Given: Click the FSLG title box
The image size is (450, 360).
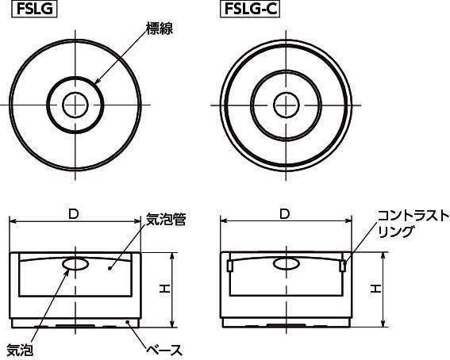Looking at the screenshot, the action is pos(34,9).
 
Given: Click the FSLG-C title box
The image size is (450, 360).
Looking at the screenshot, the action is pos(250,9).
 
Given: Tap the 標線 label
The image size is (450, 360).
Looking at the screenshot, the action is pos(160,29).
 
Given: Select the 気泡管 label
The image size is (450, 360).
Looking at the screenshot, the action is pos(166,220).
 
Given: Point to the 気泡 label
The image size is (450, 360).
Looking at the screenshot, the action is pos(20,350).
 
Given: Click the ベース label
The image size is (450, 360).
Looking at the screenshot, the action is pos(164,350).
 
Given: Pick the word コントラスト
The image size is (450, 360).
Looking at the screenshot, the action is pos(413,216).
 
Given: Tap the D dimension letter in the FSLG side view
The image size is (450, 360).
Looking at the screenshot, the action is pos(74,214).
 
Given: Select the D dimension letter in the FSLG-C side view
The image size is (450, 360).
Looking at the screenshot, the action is pos(284,214).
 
